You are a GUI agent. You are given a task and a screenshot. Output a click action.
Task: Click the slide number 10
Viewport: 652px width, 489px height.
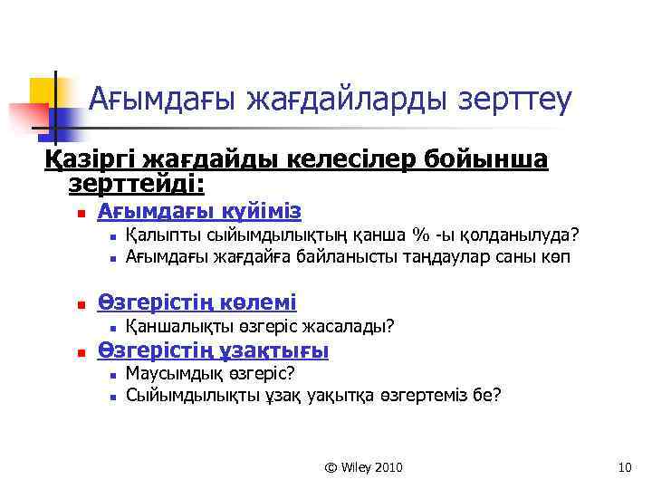click(x=623, y=467)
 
